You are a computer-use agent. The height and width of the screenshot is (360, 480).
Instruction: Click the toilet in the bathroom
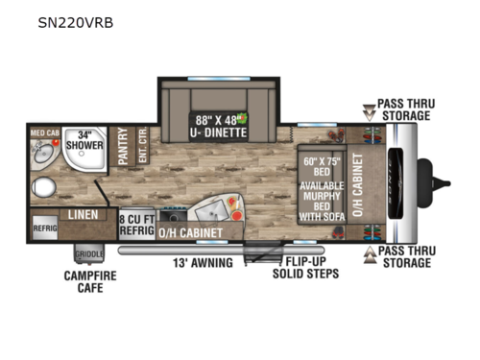tap(43, 186)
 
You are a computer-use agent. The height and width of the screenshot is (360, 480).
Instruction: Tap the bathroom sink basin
tap(43, 154)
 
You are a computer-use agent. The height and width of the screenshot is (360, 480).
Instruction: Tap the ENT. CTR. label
tap(141, 147)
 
